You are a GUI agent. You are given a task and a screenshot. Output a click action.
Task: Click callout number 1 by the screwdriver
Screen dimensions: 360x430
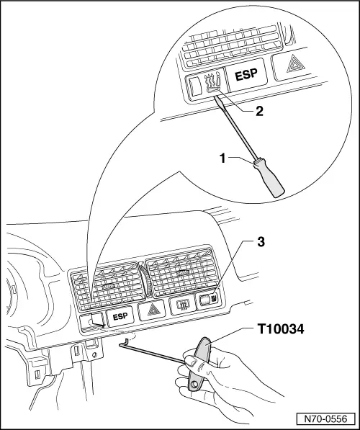point(223,158)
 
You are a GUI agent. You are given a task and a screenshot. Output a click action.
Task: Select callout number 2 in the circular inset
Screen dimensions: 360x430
point(260,111)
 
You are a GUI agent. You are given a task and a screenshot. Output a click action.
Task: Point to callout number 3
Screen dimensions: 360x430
point(261,242)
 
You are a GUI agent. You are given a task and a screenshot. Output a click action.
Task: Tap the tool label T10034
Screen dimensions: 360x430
point(281,329)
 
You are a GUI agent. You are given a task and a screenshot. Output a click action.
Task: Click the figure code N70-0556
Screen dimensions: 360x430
point(325,418)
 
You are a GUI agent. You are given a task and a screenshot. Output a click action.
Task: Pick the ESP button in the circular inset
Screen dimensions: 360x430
point(246,74)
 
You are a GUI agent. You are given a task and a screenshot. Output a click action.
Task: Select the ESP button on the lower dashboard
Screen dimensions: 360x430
point(120,316)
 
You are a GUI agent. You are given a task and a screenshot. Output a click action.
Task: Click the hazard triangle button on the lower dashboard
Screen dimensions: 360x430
point(152,310)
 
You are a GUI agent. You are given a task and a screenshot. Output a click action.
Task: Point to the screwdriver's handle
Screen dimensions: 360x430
point(269,177)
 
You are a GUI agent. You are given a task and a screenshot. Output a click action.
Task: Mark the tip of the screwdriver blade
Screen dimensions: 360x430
point(216,95)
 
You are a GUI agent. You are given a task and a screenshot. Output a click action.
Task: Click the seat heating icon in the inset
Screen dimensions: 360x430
point(213,82)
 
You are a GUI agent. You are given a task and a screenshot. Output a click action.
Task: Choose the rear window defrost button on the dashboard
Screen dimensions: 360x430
point(182,305)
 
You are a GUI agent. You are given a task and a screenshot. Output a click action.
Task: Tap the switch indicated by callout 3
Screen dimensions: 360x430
point(207,300)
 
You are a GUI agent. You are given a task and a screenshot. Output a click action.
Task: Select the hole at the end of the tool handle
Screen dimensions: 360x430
point(194,384)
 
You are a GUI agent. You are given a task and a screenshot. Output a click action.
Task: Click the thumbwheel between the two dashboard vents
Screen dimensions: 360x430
point(144,280)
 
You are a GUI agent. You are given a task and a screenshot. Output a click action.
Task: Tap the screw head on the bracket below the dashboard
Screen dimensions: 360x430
point(94,354)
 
